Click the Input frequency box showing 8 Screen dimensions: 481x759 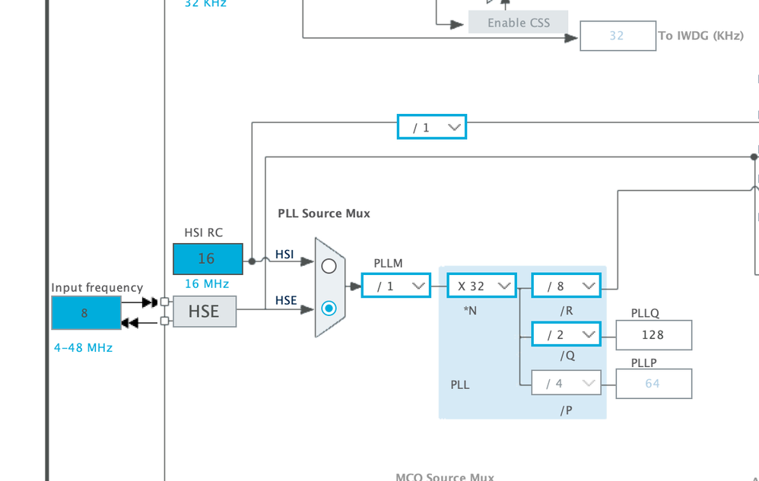click(x=86, y=312)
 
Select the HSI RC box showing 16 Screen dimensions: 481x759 click(x=208, y=258)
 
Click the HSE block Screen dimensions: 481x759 click(x=205, y=312)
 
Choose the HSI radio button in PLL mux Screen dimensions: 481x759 click(x=329, y=266)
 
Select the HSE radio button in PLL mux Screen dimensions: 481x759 click(x=329, y=309)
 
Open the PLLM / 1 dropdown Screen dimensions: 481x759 click(x=395, y=286)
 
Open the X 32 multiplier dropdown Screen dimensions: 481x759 click(x=481, y=286)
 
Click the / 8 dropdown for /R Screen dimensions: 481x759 click(x=566, y=286)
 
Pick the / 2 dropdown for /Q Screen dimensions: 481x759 click(x=566, y=334)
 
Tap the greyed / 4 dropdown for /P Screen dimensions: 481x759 click(x=566, y=383)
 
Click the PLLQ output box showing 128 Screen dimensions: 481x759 click(x=653, y=334)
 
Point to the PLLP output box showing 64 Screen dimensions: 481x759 click(x=653, y=383)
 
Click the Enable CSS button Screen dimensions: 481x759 click(x=518, y=22)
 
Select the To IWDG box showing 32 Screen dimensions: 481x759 click(x=618, y=36)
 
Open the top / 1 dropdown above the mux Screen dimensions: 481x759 click(x=431, y=127)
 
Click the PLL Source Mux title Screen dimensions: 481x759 click(x=324, y=214)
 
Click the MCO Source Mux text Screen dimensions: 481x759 click(x=445, y=476)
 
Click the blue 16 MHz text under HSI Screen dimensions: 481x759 click(x=206, y=283)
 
